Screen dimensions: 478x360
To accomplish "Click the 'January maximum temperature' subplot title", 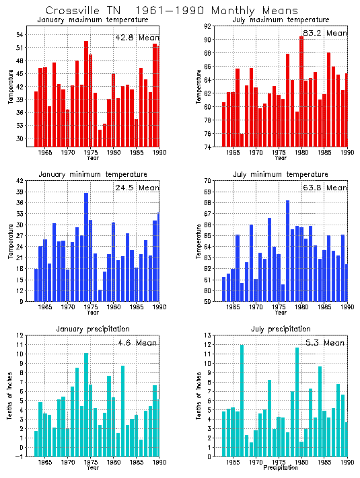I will pos(89,20).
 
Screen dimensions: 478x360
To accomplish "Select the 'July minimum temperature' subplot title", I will pos(276,174).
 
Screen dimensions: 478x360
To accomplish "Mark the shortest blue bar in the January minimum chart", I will pos(100,295).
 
